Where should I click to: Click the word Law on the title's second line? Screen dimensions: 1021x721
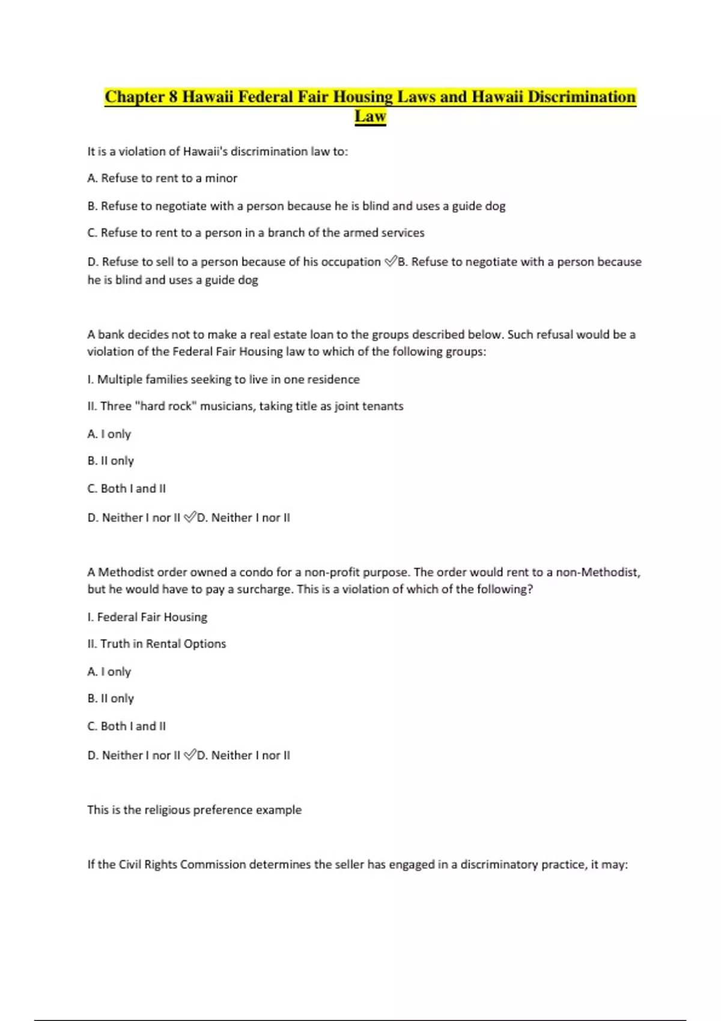coord(370,116)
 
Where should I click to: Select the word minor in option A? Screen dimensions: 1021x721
coord(221,178)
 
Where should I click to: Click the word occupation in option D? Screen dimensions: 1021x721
coord(351,262)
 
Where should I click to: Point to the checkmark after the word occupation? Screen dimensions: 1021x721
coord(391,261)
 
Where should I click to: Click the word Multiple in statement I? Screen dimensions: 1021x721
coord(119,380)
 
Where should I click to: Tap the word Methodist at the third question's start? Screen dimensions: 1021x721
coord(126,572)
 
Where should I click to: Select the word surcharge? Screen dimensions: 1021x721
coord(261,589)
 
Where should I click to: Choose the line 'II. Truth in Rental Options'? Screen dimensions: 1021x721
coord(157,644)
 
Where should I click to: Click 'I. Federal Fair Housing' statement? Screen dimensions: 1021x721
coord(147,617)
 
